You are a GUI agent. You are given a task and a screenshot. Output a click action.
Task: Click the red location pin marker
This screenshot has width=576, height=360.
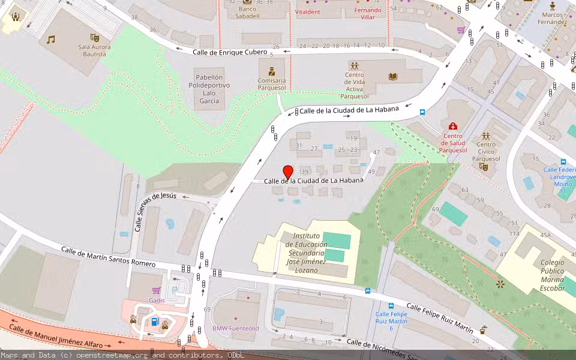tap(288, 172)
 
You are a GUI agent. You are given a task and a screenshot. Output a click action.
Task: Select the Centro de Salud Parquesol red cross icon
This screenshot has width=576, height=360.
tap(453, 126)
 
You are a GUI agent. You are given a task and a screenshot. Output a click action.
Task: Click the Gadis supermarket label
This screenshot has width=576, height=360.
tap(157, 300)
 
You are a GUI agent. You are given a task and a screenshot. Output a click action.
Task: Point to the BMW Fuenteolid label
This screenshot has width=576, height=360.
tap(236, 328)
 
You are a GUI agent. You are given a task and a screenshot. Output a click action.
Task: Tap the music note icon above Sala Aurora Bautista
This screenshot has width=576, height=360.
tap(51, 40)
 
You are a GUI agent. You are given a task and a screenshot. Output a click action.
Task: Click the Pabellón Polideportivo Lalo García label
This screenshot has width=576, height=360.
tap(209, 89)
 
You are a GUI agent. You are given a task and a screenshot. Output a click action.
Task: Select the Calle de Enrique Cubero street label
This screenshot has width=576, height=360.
tap(230, 53)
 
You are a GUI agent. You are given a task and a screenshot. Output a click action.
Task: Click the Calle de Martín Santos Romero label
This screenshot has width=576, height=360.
tap(108, 257)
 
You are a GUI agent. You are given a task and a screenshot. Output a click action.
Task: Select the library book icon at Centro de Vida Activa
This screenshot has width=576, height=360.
tap(393, 77)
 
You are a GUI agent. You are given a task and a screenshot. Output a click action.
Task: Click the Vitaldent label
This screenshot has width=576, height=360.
tap(308, 11)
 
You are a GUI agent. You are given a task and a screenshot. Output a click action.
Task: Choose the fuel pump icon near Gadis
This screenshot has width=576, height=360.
tap(154, 322)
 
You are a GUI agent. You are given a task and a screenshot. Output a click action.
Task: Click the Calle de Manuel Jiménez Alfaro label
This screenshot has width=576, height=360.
tap(56, 337)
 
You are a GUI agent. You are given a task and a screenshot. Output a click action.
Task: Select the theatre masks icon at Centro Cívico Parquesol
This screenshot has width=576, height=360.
tap(484, 167)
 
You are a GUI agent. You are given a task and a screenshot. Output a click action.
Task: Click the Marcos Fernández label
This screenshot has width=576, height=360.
tap(552, 18)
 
